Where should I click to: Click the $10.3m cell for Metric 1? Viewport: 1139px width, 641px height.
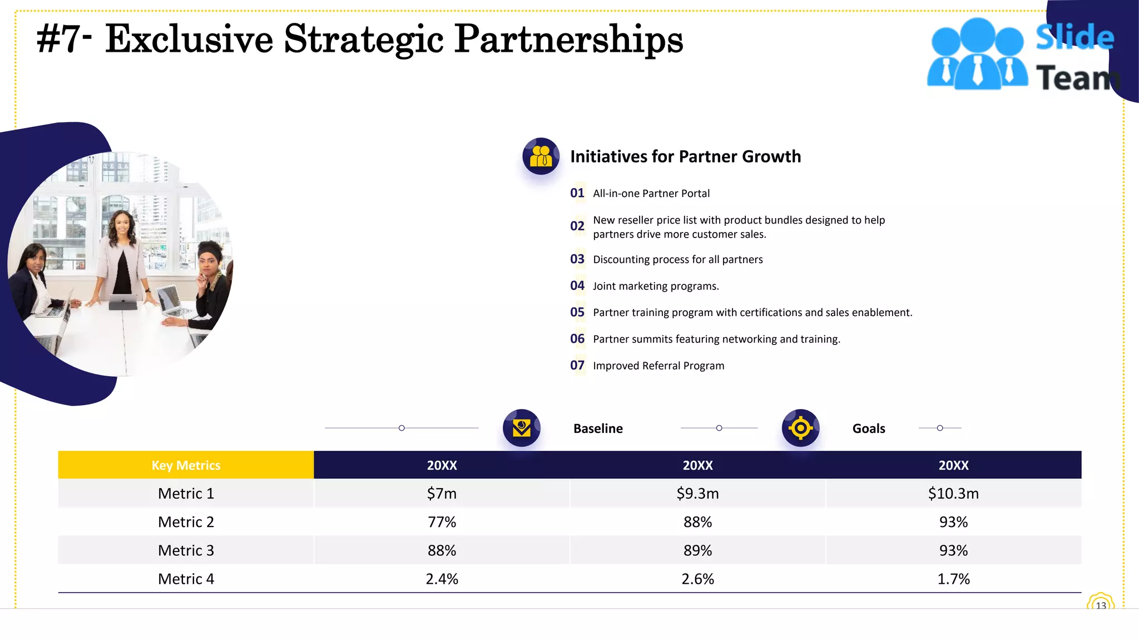point(953,494)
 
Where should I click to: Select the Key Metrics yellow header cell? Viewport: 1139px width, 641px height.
point(186,465)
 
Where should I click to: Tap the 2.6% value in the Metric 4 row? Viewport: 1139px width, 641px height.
point(697,579)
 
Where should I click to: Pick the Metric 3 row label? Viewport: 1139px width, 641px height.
point(186,550)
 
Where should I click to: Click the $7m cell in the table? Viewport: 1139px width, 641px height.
point(442,494)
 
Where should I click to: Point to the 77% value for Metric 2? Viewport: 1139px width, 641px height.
point(442,522)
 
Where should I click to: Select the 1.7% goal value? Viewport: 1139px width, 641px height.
point(953,579)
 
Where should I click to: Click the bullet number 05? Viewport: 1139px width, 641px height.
point(577,312)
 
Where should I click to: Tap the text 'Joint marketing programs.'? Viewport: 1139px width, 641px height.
point(656,286)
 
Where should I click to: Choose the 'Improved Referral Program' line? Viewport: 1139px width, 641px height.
point(658,366)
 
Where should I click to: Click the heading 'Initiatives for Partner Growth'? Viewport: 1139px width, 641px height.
point(685,156)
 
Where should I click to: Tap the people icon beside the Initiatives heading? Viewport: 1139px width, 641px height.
point(541,156)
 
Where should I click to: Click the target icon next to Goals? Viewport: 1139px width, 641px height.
point(800,428)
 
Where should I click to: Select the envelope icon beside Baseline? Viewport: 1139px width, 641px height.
point(521,428)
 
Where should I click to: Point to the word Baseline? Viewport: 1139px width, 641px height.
point(598,428)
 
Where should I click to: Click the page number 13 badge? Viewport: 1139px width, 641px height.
point(1101,605)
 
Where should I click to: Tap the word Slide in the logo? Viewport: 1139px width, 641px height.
point(1074,37)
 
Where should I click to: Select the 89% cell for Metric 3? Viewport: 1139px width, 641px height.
point(697,550)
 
